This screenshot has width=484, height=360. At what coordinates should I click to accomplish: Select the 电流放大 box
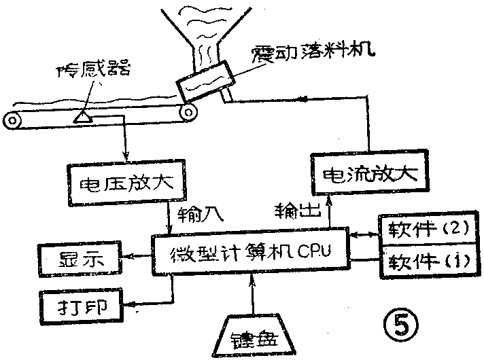[369, 175]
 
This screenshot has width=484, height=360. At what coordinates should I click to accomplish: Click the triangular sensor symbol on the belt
[85, 117]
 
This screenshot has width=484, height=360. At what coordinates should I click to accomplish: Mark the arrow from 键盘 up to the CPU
[254, 295]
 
